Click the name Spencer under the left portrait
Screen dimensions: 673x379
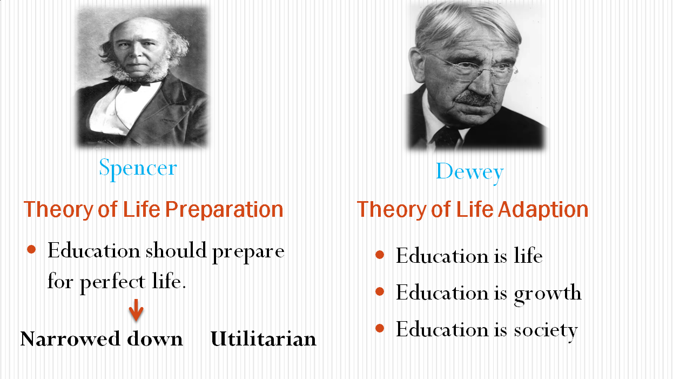tap(138, 169)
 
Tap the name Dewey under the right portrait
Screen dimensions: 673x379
tap(469, 172)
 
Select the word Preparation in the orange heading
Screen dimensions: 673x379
tap(224, 210)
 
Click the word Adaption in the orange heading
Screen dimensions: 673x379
tap(543, 210)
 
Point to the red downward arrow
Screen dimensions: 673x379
tap(136, 310)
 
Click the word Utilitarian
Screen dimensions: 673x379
tap(264, 339)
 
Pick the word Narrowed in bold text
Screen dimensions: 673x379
tap(70, 339)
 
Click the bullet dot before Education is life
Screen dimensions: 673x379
tap(380, 255)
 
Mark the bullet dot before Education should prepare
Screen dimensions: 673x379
tap(31, 249)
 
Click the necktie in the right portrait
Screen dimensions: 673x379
tap(447, 137)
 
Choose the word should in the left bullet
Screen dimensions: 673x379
tap(176, 250)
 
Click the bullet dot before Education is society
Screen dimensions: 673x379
tap(380, 328)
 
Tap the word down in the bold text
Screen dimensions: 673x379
tap(155, 339)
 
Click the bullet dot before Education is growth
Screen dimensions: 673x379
tap(380, 291)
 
